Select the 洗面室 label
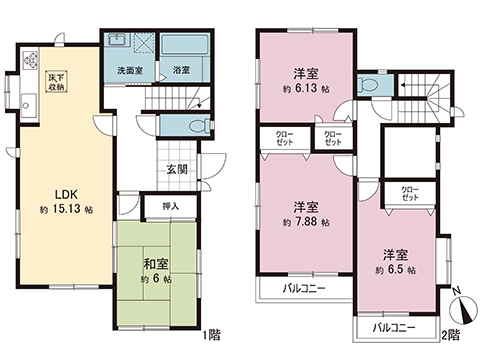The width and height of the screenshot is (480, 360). click(x=125, y=72)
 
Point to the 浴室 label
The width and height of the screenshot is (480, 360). click(x=180, y=72)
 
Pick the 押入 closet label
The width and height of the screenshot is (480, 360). click(x=171, y=206)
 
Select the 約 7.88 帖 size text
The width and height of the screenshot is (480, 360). click(x=304, y=222)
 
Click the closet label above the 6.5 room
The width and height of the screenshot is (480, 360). click(x=411, y=192)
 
